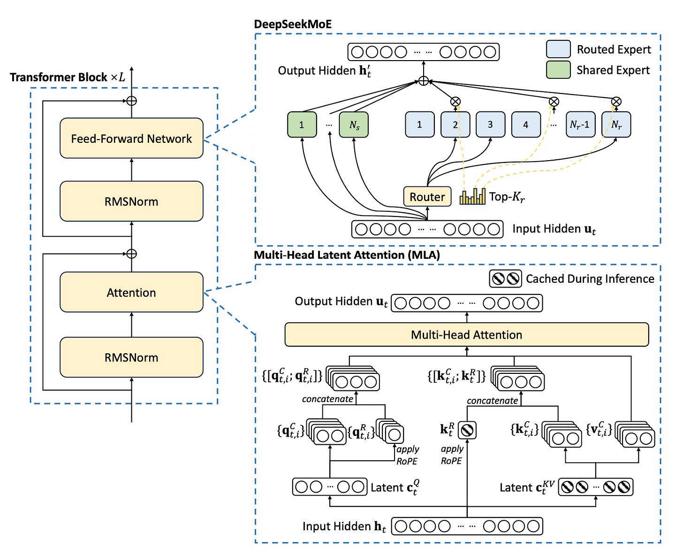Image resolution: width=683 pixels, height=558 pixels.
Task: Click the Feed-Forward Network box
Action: pos(131,138)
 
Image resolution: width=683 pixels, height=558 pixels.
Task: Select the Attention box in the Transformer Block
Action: pos(131,292)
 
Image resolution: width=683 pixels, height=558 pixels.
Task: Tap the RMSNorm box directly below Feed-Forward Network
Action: pos(131,201)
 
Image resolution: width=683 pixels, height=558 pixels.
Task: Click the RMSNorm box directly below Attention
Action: pos(131,357)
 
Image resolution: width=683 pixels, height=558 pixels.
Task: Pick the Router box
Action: pos(427,196)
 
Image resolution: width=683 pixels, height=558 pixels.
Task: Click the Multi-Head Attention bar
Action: pos(466,334)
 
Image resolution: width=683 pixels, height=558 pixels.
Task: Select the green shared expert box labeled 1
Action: pos(302,124)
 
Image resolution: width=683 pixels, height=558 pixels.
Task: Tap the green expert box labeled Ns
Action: pos(354,124)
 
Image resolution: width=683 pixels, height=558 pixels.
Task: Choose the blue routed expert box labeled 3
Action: pos(490,124)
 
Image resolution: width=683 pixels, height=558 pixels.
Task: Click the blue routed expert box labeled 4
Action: pos(525,124)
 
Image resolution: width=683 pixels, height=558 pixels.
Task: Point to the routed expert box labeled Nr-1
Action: pos(580,124)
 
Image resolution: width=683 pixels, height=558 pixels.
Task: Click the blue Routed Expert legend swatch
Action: pos(558,49)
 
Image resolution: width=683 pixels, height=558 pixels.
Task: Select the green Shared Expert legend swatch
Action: pos(558,70)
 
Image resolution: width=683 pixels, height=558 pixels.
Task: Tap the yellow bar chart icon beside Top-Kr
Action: pos(472,196)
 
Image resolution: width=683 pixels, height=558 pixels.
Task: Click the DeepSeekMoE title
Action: pos(293,24)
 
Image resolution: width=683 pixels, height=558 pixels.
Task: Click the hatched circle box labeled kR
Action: pos(467,430)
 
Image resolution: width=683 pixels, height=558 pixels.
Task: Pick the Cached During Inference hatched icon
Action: pos(505,279)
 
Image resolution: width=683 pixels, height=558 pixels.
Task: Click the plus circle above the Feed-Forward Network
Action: pos(132,101)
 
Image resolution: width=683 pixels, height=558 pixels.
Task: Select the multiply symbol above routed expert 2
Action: pos(455,101)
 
